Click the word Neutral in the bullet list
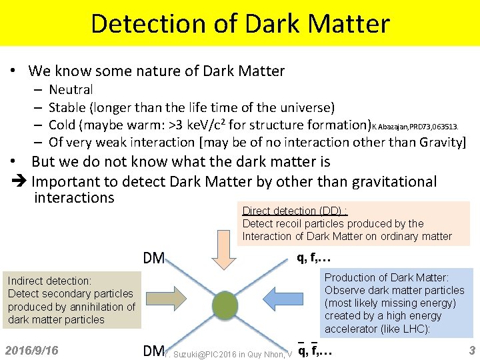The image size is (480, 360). (x=71, y=89)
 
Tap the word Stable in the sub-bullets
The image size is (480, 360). (x=71, y=107)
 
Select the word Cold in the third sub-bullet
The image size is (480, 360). (x=62, y=125)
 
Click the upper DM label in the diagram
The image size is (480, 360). (x=153, y=258)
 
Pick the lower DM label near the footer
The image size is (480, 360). (x=153, y=351)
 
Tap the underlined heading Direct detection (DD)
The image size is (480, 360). (x=294, y=211)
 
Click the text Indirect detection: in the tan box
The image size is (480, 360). (x=49, y=281)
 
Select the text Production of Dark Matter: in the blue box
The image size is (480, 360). (x=387, y=277)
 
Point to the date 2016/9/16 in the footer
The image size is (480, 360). (x=31, y=350)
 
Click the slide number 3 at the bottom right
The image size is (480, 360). (x=471, y=350)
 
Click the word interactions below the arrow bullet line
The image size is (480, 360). (x=73, y=198)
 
